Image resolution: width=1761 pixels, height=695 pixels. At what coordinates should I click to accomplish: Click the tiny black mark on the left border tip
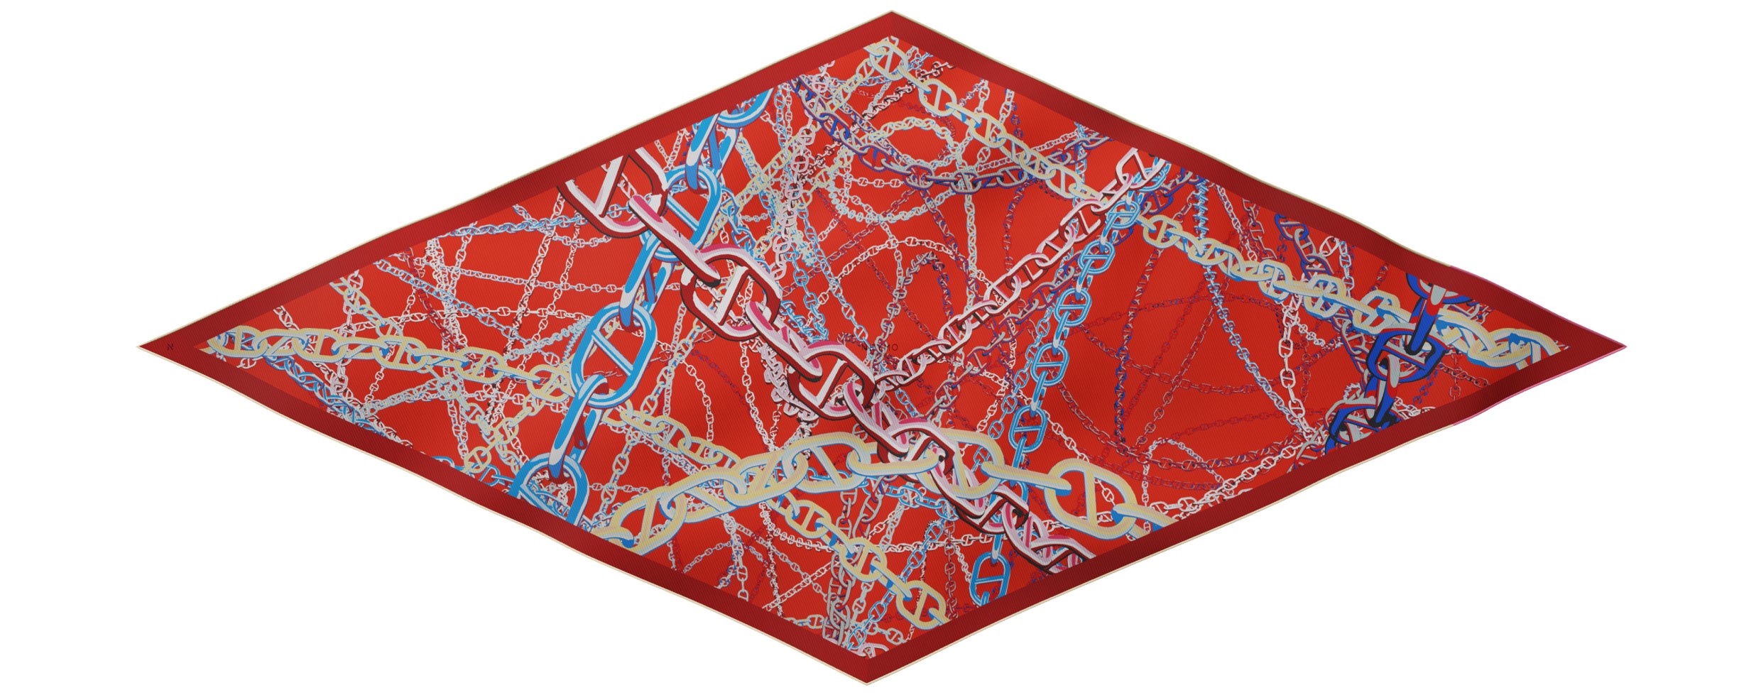point(170,347)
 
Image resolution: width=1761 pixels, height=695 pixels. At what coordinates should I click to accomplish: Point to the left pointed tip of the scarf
point(141,347)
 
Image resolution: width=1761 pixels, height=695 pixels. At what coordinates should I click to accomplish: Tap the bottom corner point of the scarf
point(867,683)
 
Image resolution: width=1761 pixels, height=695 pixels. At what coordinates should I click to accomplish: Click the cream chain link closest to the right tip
point(1527,348)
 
